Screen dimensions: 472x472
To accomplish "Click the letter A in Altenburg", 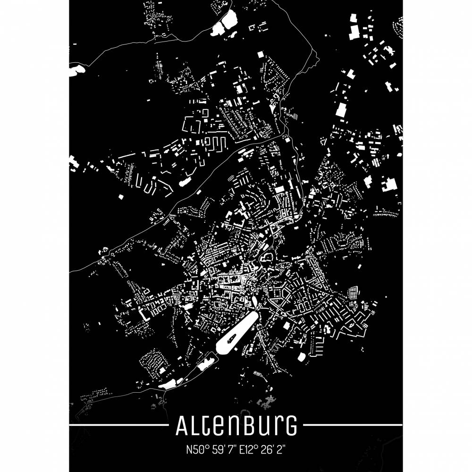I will (182, 427).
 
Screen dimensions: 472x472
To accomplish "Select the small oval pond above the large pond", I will (255, 301).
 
